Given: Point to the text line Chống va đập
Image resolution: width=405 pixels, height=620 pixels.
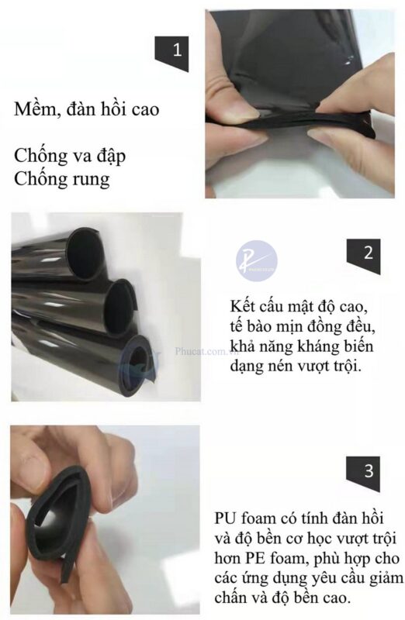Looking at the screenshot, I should click(71, 156).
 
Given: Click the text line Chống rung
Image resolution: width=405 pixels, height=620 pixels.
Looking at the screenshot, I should click(62, 179).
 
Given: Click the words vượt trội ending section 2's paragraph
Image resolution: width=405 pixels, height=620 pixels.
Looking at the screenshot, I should click(334, 364).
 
